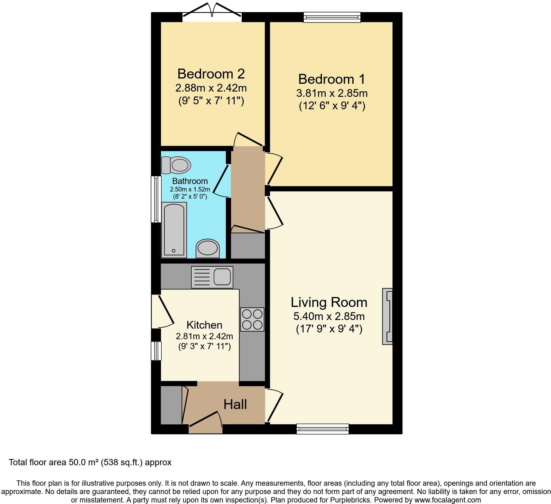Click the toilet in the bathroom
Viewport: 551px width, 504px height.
tap(176, 165)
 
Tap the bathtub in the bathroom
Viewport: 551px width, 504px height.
tap(174, 230)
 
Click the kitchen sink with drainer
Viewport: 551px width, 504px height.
tap(212, 277)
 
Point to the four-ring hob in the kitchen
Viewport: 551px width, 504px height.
tap(252, 319)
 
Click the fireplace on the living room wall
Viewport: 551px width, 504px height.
tap(387, 316)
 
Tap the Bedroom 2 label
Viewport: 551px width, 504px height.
tap(211, 74)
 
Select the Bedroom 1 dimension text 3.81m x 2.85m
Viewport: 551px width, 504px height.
tap(332, 93)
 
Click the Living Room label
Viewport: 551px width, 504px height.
tap(329, 302)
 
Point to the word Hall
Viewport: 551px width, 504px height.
tap(235, 404)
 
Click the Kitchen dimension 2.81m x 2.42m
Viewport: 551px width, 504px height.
tap(204, 336)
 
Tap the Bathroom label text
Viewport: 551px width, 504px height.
tap(190, 181)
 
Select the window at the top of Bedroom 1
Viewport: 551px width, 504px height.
tap(332, 17)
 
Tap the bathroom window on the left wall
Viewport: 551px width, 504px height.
tap(156, 199)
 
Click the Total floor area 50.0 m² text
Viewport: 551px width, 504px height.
tap(90, 462)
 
